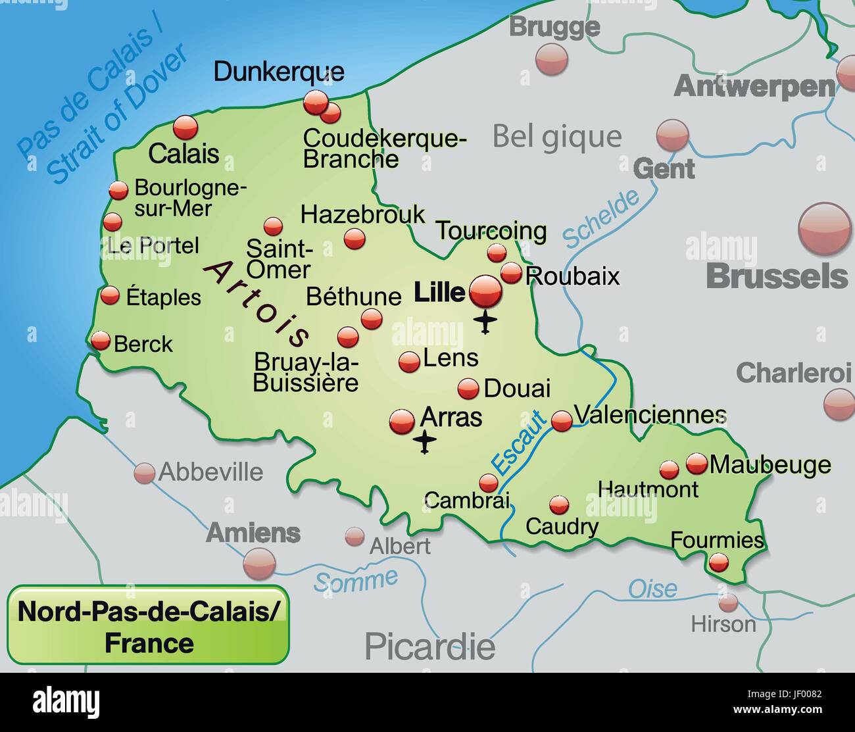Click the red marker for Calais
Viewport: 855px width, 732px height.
click(x=185, y=128)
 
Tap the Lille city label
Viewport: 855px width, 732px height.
click(x=439, y=293)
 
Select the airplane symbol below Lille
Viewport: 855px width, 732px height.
click(x=485, y=322)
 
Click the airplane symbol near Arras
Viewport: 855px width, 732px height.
click(x=426, y=442)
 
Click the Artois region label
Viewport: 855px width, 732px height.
click(x=257, y=303)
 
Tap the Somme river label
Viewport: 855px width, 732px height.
click(x=356, y=580)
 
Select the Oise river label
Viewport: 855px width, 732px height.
click(x=652, y=588)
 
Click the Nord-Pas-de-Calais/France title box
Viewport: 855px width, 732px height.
click(x=149, y=625)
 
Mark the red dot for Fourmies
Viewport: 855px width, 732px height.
click(x=718, y=562)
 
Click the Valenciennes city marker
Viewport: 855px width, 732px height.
click(x=562, y=421)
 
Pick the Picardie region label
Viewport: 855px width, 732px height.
click(x=429, y=646)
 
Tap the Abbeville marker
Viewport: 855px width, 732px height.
click(x=144, y=473)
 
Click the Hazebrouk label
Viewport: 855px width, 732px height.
click(x=362, y=214)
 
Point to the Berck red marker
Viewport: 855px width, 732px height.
click(x=101, y=341)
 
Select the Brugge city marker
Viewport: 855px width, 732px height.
click(x=551, y=59)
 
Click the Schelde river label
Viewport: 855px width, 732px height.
click(x=600, y=218)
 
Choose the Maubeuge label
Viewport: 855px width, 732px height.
click(x=770, y=464)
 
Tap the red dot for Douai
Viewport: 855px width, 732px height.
click(x=468, y=389)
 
